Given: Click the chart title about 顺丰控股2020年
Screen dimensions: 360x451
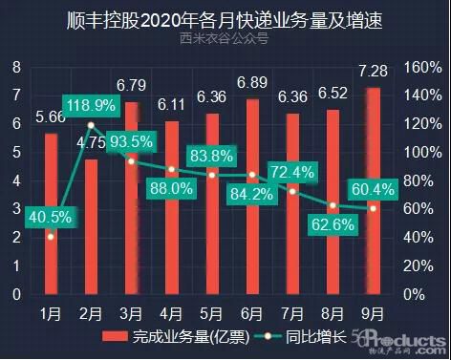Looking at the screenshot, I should pos(225,18).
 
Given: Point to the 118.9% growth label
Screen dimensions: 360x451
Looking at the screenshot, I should pos(92,104).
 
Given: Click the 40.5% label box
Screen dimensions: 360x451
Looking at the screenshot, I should pos(50,217).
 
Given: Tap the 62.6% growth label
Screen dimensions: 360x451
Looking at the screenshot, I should pos(333,225).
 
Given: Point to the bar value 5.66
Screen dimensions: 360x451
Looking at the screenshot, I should pos(50,118).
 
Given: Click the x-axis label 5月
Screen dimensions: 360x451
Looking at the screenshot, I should pos(212,311).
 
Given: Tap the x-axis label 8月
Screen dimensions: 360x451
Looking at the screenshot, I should pos(333,311).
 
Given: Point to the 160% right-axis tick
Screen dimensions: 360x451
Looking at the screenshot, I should pos(419,68).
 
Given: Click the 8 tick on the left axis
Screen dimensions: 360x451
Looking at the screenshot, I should pos(16,68).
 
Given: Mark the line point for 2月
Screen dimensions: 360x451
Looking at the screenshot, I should pos(91,125).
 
